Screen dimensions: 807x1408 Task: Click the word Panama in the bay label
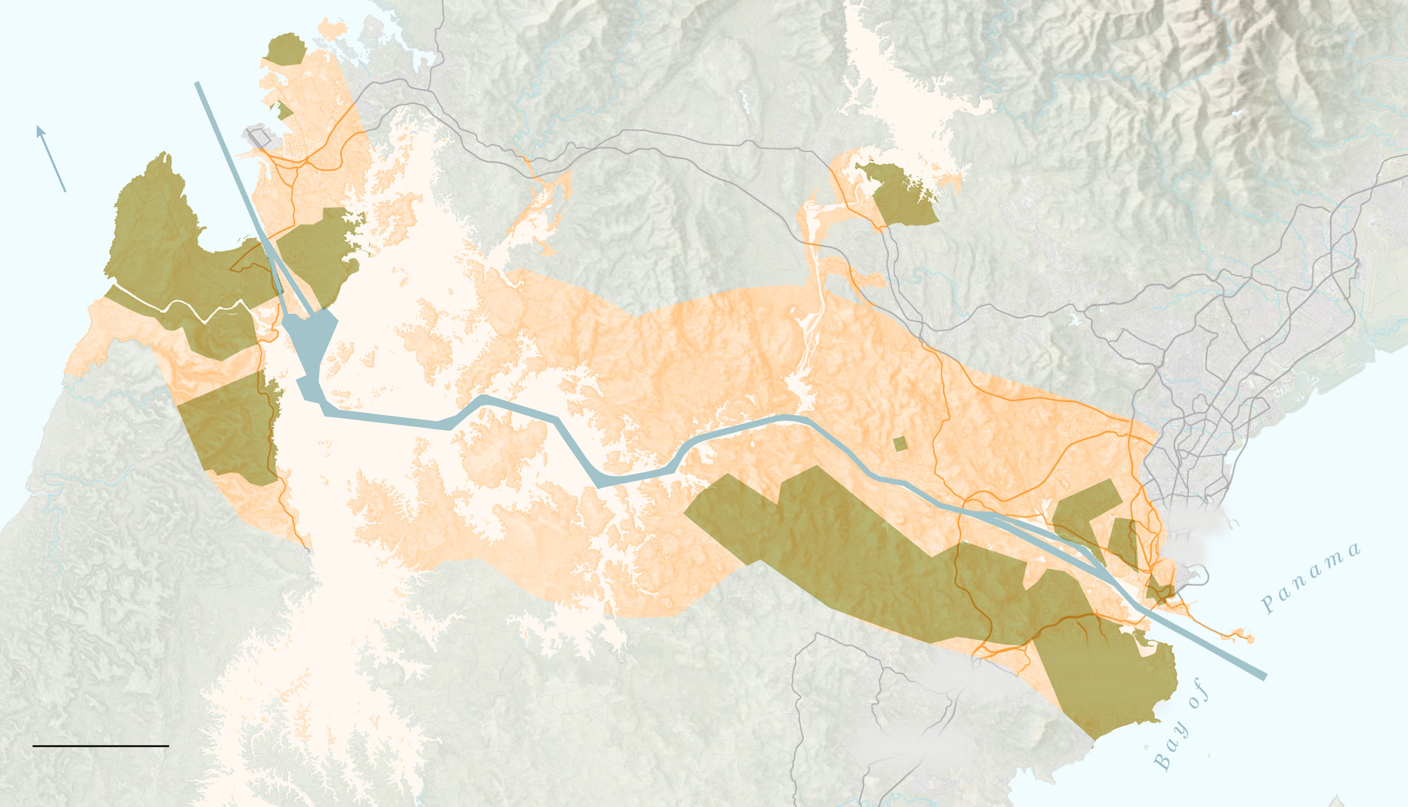(x=1311, y=578)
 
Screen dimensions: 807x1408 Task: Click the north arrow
(x=51, y=158)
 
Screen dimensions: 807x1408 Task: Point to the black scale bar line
(x=101, y=746)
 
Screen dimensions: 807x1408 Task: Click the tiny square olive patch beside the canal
(x=900, y=443)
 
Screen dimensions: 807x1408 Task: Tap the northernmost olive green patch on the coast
(x=285, y=49)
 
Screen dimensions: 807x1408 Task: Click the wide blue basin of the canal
(x=311, y=340)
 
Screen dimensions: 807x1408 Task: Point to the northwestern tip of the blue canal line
(x=198, y=84)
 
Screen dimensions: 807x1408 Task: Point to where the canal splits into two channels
(x=991, y=516)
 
